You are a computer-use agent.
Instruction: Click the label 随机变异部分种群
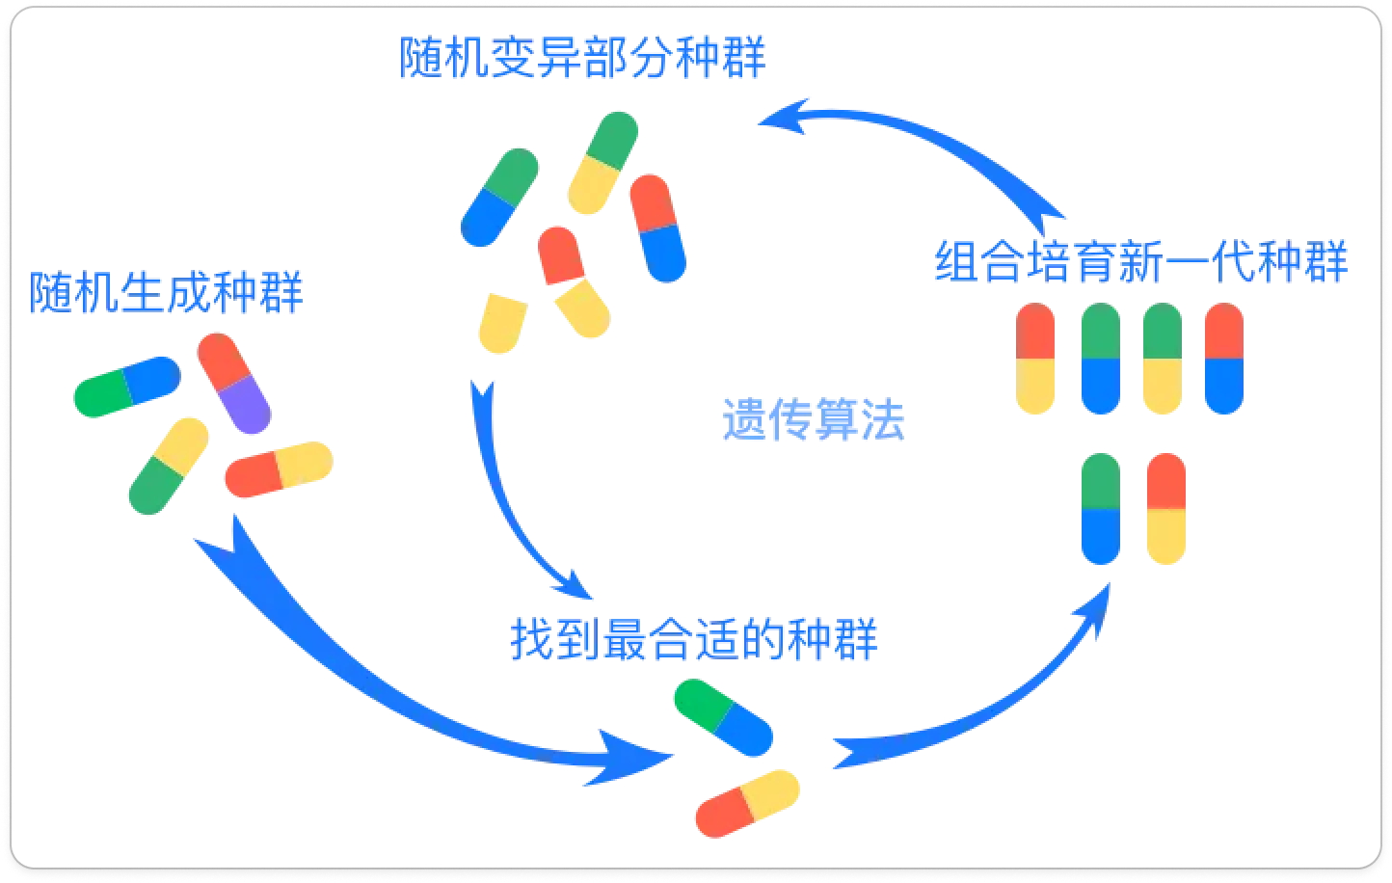click(582, 58)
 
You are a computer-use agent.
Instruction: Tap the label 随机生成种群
click(167, 292)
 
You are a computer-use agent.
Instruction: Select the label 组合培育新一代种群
click(1141, 261)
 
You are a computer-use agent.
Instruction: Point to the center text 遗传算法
click(814, 420)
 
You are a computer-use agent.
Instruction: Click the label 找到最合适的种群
click(694, 639)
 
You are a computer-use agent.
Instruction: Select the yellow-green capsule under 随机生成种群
click(169, 466)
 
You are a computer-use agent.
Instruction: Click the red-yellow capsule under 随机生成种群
click(279, 469)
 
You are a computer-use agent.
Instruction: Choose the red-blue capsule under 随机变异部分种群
click(657, 228)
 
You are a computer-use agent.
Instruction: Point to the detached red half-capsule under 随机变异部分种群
click(558, 255)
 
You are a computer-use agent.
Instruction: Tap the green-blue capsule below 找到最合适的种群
click(723, 718)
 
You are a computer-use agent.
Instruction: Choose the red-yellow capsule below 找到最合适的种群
click(747, 803)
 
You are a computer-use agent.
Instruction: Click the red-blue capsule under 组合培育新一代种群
click(1224, 359)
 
